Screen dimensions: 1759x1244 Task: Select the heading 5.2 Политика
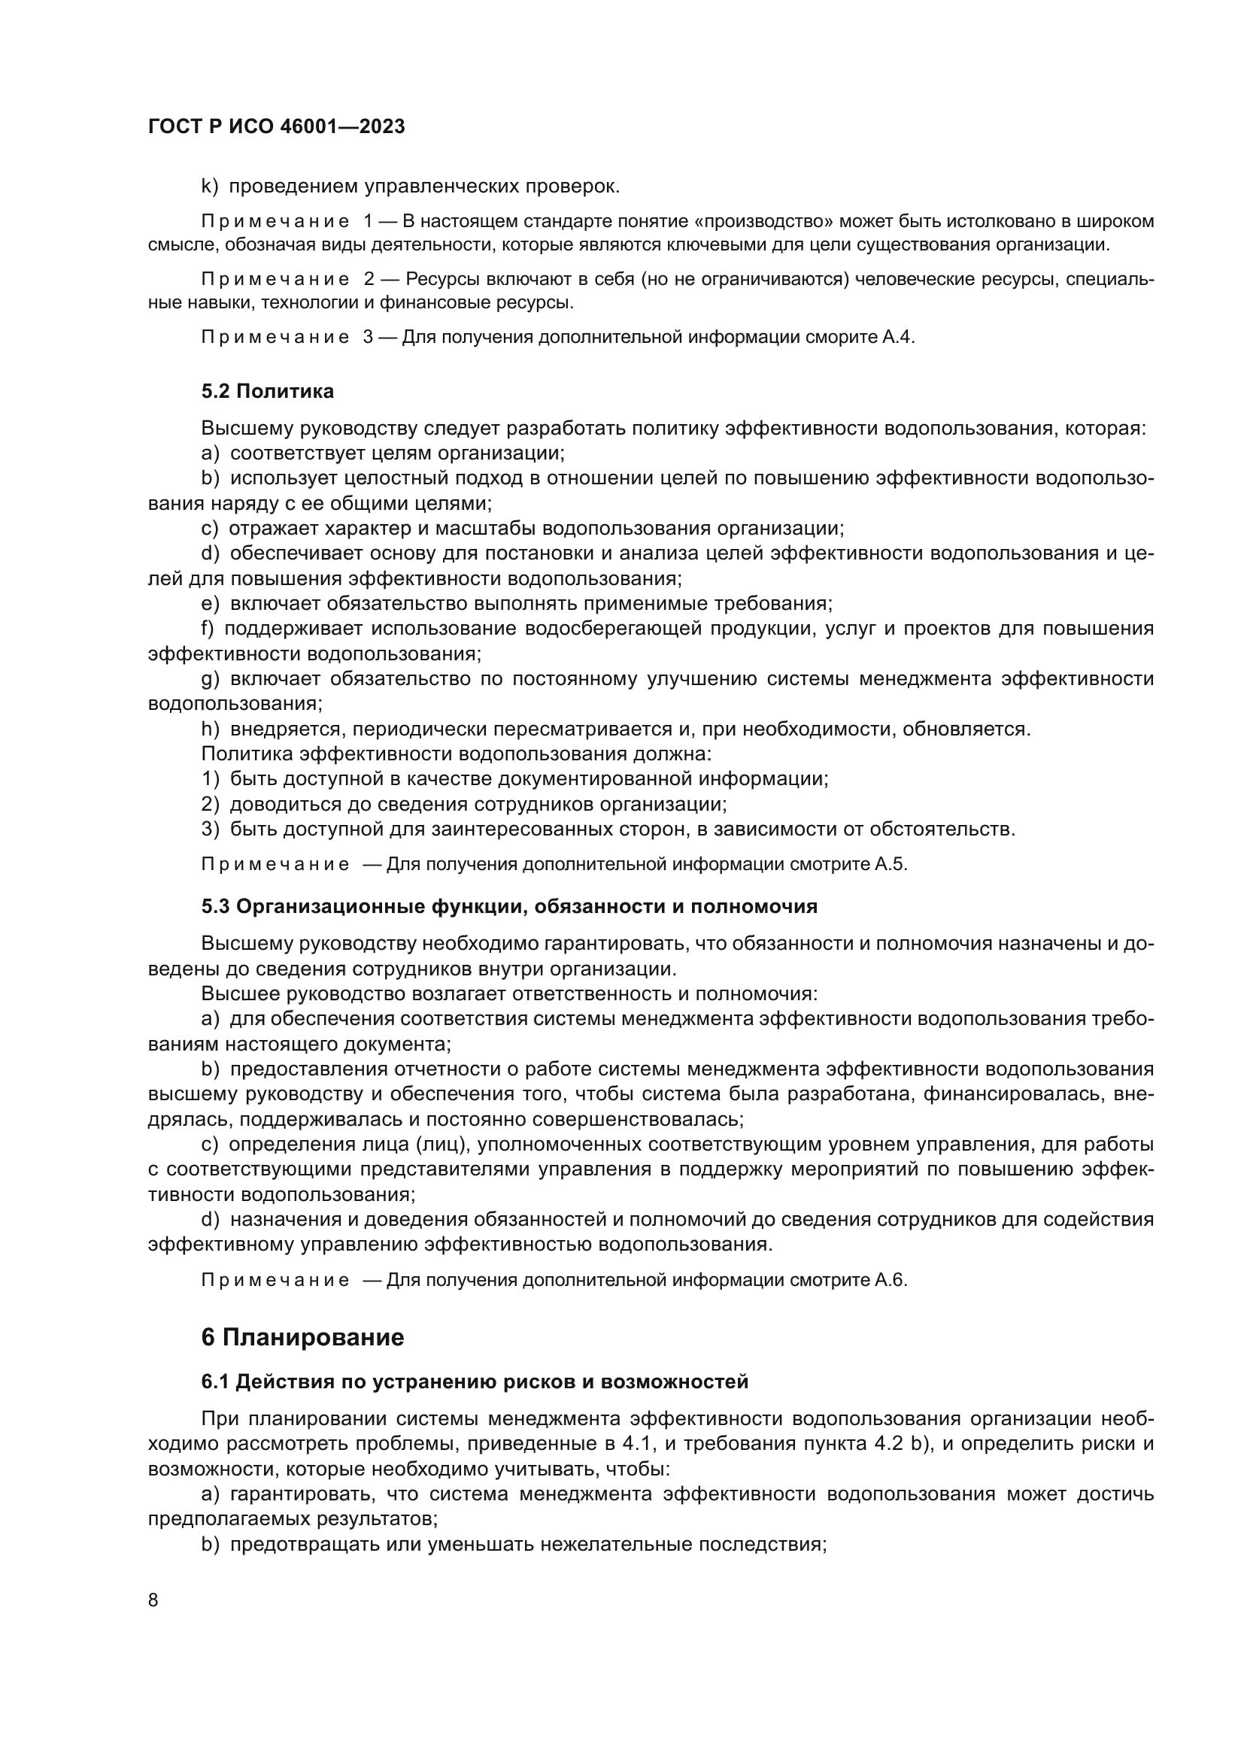click(267, 392)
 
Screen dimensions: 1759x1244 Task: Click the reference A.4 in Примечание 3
click(898, 337)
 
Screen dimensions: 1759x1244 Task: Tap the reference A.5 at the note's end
click(890, 864)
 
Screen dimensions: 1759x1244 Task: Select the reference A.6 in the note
click(890, 1280)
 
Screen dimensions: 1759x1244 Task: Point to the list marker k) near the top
click(210, 187)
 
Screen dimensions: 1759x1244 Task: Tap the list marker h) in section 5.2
click(210, 729)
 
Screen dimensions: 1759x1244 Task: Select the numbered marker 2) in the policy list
click(210, 805)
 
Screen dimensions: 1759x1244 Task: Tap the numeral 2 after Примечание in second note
click(369, 279)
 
